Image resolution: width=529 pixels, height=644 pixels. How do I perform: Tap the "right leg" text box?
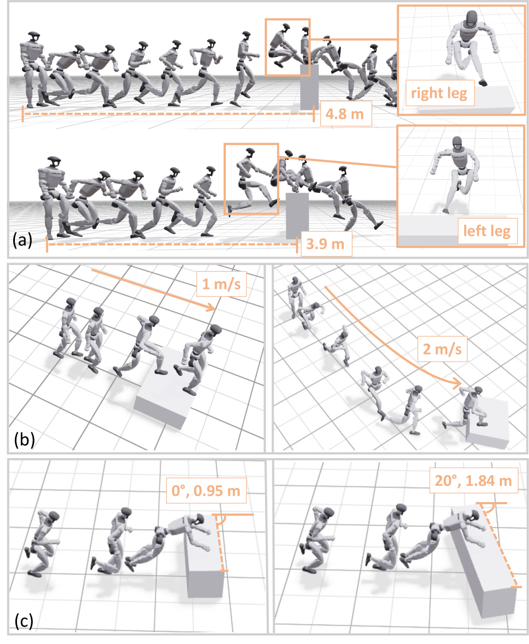(440, 94)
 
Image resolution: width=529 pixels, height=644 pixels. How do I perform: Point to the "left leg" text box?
(487, 231)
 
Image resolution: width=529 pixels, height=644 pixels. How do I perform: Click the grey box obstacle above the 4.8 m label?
(309, 88)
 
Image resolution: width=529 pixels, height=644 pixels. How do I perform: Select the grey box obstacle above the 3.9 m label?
(297, 215)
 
